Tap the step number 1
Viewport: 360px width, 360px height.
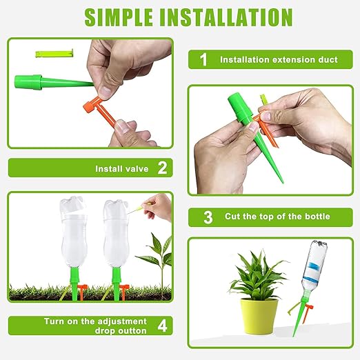pos(203,59)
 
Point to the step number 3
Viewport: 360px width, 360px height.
pos(208,217)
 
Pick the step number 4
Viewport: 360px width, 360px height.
pos(162,326)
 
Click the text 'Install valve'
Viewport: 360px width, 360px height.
pos(121,168)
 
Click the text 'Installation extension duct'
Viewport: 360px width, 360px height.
pos(279,60)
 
